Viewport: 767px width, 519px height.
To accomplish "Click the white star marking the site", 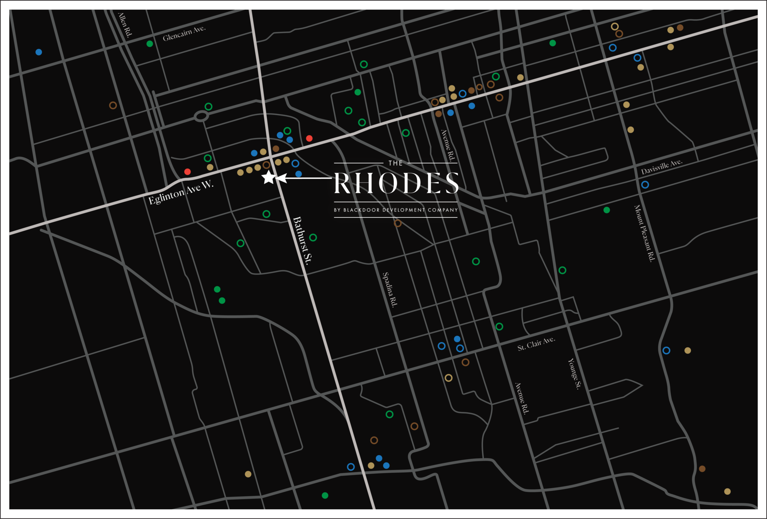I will point(269,177).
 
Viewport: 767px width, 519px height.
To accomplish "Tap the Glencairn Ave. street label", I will point(184,33).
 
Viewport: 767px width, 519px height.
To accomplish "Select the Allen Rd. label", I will point(125,25).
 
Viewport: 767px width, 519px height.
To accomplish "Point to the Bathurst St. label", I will point(302,241).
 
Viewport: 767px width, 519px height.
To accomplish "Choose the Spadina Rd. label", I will point(390,290).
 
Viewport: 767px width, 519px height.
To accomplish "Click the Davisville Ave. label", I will point(661,167).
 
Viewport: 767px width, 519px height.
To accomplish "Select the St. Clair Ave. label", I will point(536,344).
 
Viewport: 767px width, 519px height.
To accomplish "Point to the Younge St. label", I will point(574,374).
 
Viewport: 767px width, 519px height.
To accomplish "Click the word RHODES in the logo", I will point(396,183).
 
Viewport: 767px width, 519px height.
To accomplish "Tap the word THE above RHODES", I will point(395,163).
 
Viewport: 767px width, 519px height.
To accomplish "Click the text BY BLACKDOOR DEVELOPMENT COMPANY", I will point(396,210).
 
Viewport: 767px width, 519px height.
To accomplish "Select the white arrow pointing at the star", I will point(303,178).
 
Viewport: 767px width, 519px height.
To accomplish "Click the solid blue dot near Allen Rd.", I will point(39,52).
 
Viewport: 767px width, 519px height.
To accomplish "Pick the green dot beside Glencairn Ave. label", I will point(150,44).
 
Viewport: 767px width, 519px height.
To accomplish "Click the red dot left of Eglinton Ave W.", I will point(188,172).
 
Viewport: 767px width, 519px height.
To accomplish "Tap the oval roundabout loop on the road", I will point(201,116).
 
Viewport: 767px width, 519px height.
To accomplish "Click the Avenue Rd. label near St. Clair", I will point(521,399).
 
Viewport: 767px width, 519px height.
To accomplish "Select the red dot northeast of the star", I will point(309,138).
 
